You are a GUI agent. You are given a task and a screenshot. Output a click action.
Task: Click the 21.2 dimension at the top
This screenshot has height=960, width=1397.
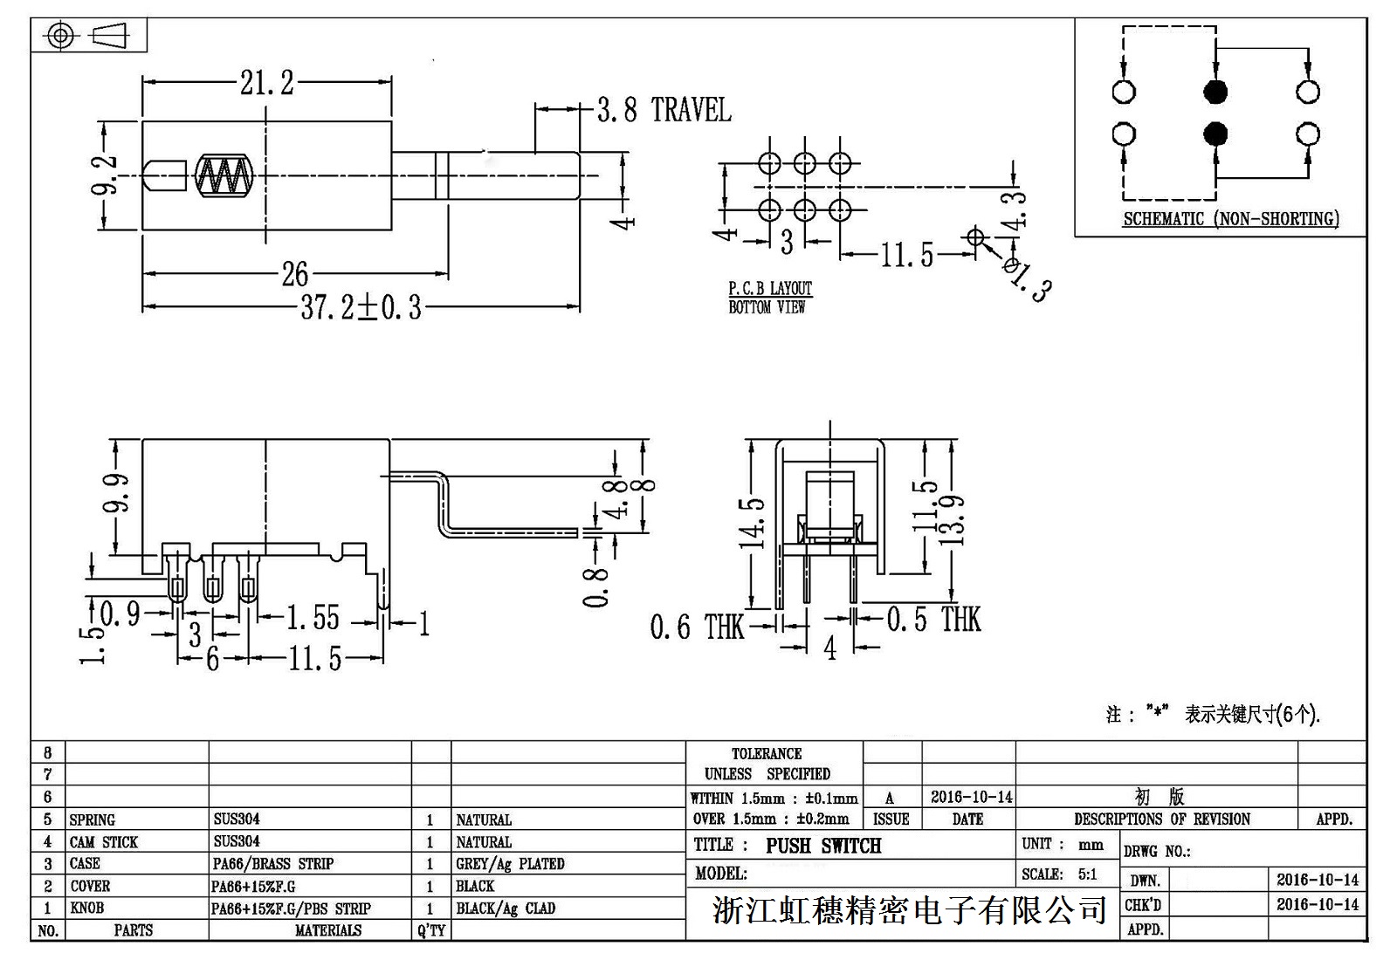[x=267, y=83]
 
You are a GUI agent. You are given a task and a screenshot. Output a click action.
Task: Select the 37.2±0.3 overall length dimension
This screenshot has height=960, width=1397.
[x=361, y=307]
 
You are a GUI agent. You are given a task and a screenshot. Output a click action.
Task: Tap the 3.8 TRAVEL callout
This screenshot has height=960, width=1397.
[x=664, y=110]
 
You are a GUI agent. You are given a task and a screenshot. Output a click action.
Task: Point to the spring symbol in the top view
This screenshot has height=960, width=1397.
[x=224, y=175]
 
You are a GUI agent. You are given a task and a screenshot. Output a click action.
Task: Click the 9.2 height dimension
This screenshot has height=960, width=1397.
[x=106, y=176]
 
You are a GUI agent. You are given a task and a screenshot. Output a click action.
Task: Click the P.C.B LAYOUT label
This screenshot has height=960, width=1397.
[x=770, y=288]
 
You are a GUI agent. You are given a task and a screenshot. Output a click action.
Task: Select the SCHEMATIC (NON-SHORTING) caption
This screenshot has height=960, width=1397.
[x=1230, y=219]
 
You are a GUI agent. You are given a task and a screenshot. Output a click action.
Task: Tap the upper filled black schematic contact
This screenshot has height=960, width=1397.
[x=1215, y=92]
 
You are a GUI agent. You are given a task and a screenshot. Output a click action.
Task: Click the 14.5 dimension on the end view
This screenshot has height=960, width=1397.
[x=753, y=523]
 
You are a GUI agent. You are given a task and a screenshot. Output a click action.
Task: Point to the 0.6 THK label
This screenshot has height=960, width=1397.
[x=696, y=627]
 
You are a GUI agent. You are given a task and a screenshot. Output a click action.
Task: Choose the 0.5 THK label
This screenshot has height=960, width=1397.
[x=933, y=620]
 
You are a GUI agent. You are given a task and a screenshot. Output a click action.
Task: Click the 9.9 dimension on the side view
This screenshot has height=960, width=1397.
[x=116, y=493]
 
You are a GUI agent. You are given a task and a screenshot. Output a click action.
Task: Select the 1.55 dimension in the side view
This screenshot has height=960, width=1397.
[x=313, y=618]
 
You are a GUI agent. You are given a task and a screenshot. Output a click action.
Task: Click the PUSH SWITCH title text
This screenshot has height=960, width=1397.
[x=823, y=846]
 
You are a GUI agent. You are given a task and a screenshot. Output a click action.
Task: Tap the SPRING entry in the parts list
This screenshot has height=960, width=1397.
[x=93, y=819]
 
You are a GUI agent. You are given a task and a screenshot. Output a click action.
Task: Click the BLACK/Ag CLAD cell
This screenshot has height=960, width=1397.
[x=506, y=909]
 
